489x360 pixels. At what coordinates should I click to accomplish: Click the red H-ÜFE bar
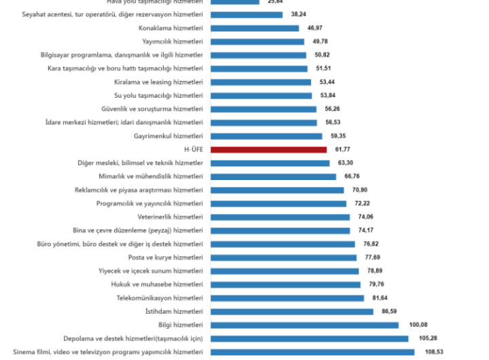[268, 149]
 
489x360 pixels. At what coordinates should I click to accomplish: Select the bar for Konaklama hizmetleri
[255, 28]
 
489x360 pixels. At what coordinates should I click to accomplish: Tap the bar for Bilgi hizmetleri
[304, 325]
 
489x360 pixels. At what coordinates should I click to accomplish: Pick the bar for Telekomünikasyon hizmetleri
[287, 298]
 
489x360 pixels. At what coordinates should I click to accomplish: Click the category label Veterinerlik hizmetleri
[170, 217]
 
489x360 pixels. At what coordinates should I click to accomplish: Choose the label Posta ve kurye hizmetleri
[165, 257]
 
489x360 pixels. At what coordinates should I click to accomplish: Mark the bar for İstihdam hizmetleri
[291, 311]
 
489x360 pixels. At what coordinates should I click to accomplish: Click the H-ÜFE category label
[193, 149]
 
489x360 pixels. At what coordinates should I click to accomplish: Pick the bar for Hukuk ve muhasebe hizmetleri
[285, 284]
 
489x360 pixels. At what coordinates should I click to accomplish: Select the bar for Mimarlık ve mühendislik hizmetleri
[273, 176]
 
